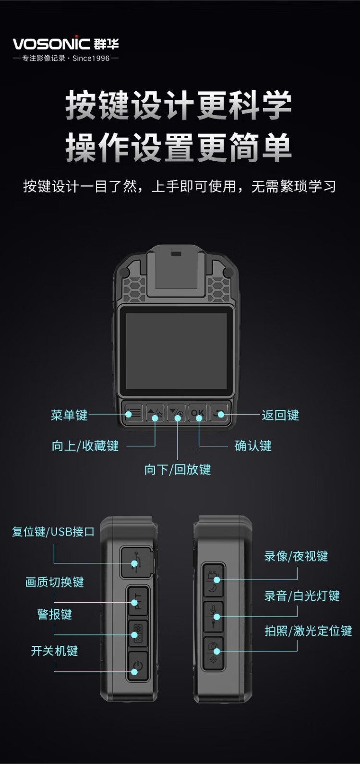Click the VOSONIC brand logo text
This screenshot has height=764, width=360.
[x=51, y=44]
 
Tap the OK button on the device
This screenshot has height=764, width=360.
[x=198, y=413]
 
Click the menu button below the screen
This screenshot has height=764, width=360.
[x=133, y=413]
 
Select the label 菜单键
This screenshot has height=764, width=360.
[x=69, y=415]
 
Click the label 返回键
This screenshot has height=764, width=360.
[x=280, y=415]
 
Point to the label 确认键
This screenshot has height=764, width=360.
[x=253, y=445]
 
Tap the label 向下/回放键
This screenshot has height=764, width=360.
[x=178, y=469]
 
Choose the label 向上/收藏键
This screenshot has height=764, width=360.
[x=85, y=445]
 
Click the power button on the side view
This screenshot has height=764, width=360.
[x=138, y=667]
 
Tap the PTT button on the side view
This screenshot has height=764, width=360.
[x=138, y=601]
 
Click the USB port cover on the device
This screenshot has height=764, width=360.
[x=137, y=562]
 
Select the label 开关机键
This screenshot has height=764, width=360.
[x=55, y=651]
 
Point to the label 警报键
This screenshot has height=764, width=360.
[x=55, y=614]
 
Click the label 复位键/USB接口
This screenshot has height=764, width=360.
[x=53, y=531]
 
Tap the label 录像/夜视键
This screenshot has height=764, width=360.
[x=296, y=556]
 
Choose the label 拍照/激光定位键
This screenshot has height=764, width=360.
[x=308, y=631]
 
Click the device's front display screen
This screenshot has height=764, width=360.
[x=177, y=351]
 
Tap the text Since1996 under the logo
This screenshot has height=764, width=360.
[x=91, y=58]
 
